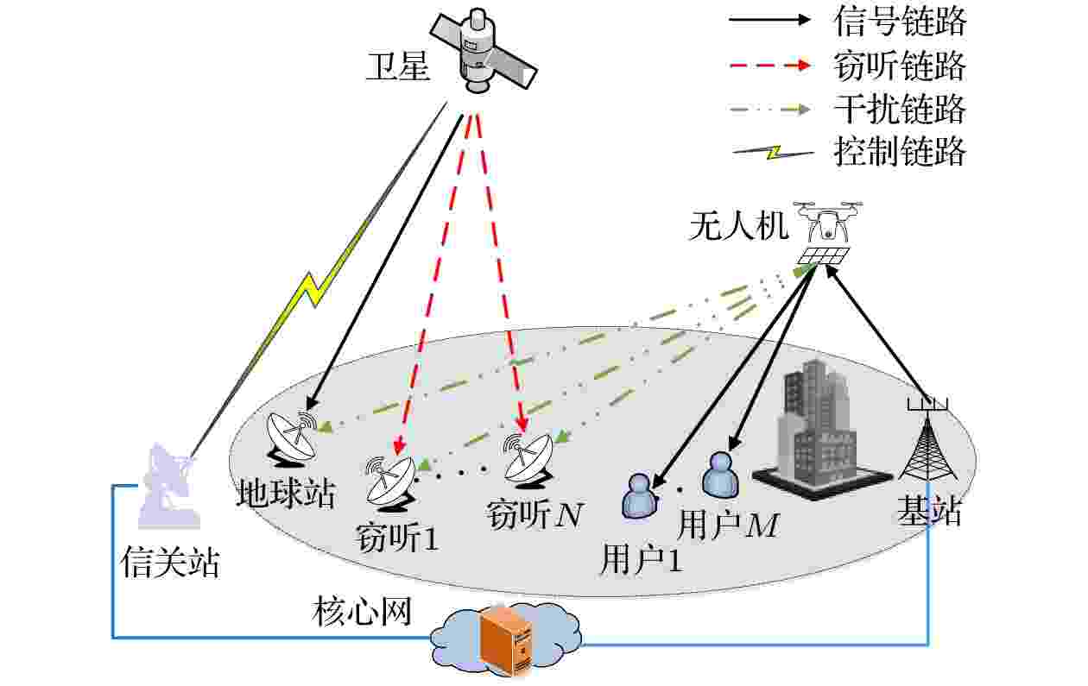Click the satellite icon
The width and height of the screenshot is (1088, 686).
click(x=484, y=51)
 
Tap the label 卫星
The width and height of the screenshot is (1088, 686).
click(x=398, y=66)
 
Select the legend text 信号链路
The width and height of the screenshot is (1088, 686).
click(x=900, y=22)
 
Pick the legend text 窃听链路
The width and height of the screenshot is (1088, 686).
click(x=900, y=66)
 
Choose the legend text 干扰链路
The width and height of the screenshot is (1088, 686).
click(x=900, y=110)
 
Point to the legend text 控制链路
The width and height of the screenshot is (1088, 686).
click(x=900, y=152)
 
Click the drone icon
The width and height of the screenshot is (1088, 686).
click(x=827, y=233)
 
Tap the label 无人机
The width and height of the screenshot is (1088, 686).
click(x=738, y=226)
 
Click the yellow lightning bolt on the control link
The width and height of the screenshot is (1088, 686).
click(x=316, y=287)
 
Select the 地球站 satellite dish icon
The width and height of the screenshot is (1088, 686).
click(x=290, y=438)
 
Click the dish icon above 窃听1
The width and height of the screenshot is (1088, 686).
click(x=389, y=483)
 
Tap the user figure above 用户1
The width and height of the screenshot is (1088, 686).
click(x=640, y=497)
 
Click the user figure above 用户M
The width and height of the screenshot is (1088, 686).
click(x=720, y=475)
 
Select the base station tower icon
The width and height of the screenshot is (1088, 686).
click(x=927, y=440)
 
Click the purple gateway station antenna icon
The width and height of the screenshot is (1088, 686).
click(x=168, y=486)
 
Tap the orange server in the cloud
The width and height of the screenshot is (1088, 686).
click(x=506, y=640)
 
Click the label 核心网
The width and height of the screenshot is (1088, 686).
click(x=363, y=612)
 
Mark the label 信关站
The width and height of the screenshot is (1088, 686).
click(x=170, y=563)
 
